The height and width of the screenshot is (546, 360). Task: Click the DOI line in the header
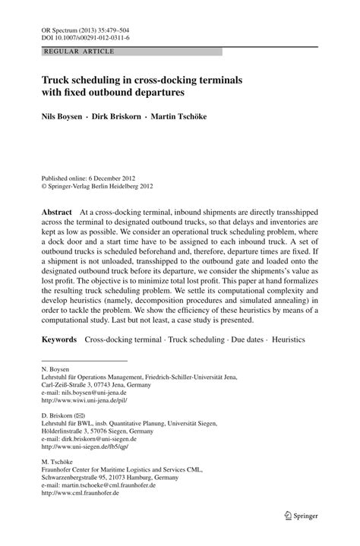(x=84, y=36)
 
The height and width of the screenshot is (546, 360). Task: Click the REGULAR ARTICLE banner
(x=80, y=52)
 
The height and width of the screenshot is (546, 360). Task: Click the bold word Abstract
(x=57, y=212)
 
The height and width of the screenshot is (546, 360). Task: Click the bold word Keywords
(x=59, y=339)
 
